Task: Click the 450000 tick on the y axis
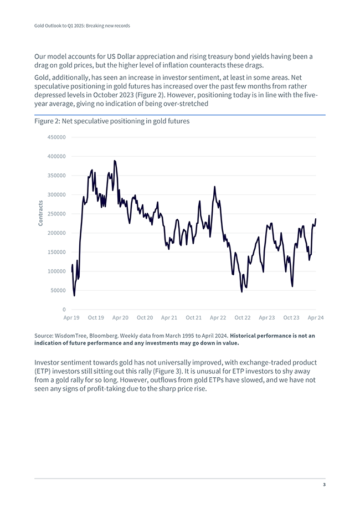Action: point(56,137)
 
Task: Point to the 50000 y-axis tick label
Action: point(58,290)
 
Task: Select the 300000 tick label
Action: point(56,195)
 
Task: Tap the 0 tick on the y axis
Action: point(64,310)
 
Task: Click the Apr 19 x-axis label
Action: point(71,318)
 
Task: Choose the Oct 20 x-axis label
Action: point(145,318)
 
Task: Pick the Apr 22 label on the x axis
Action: point(218,318)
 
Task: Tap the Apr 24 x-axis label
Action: point(316,318)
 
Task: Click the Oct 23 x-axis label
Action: point(291,318)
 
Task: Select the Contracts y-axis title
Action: point(40,213)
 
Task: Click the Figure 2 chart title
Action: point(112,121)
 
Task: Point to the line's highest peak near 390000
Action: point(115,161)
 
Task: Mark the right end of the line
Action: point(316,219)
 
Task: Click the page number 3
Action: point(324,485)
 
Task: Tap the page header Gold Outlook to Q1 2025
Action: point(82,25)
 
